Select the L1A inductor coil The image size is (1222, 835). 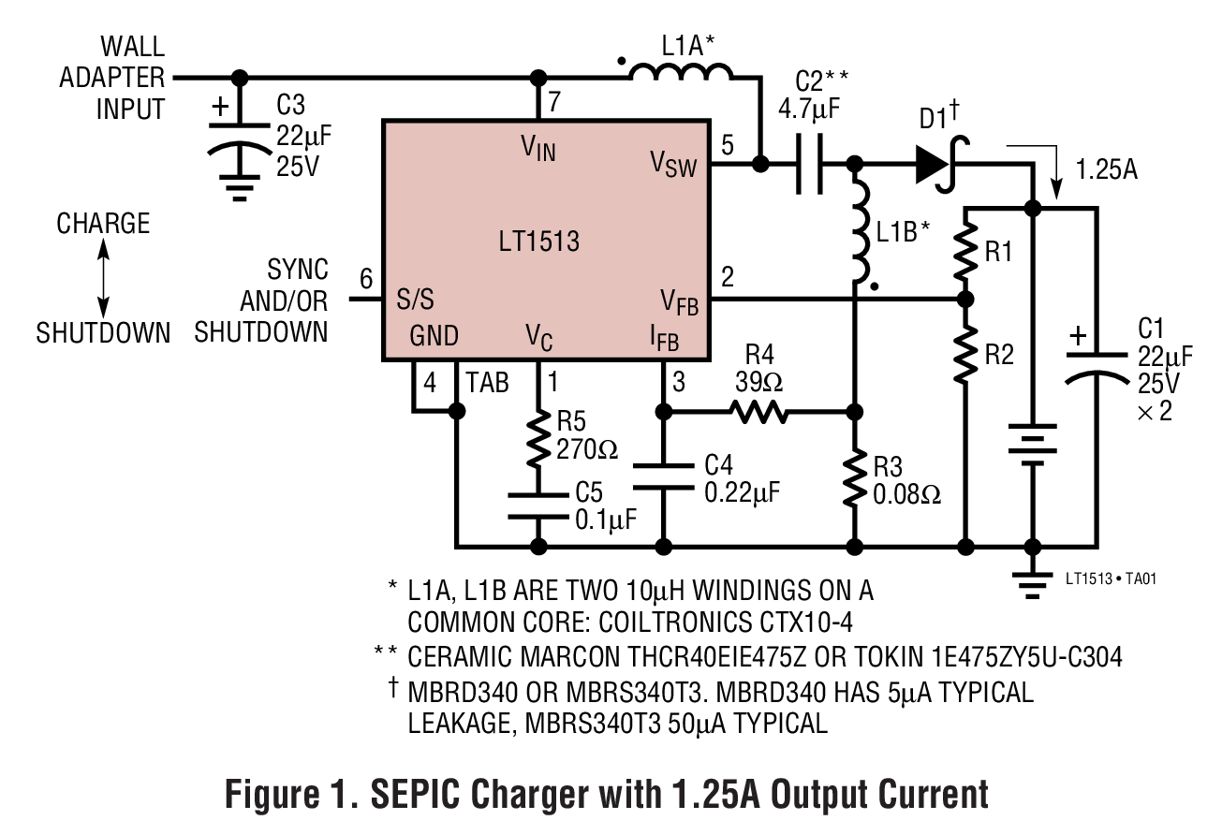pyautogui.click(x=681, y=74)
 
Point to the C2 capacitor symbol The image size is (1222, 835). pyautogui.click(x=808, y=165)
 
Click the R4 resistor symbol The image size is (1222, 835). pyautogui.click(x=758, y=411)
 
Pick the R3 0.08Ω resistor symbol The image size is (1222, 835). pyautogui.click(x=855, y=479)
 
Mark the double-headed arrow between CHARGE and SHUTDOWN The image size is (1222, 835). pyautogui.click(x=103, y=278)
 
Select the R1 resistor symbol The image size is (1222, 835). pyautogui.click(x=965, y=251)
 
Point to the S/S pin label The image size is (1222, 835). pyautogui.click(x=412, y=301)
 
